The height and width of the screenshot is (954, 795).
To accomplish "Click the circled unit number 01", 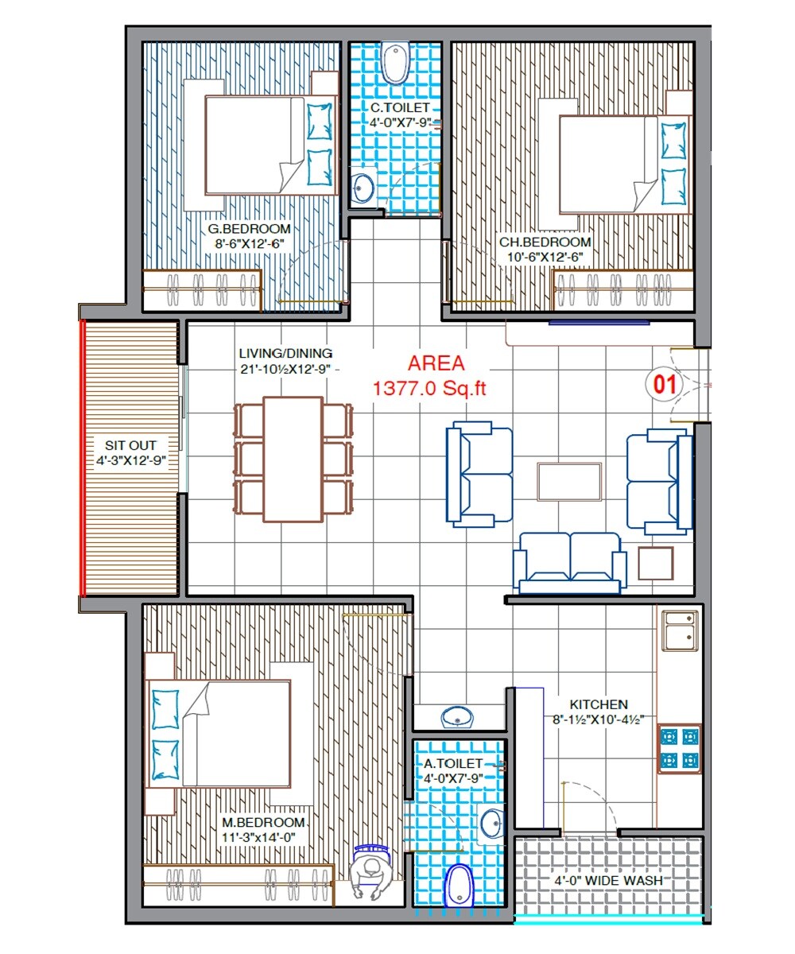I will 664,385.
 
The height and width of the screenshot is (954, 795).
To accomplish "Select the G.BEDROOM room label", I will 249,229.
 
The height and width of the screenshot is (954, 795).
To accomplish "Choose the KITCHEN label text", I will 599,704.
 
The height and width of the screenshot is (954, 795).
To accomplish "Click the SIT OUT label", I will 131,445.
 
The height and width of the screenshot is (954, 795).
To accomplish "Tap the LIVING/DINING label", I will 285,353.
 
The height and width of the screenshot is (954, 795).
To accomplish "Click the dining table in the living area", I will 293,459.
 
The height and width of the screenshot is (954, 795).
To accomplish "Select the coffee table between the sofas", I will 568,481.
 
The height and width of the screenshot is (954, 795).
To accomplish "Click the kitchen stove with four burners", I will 679,748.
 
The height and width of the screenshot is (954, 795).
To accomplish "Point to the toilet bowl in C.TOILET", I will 394,64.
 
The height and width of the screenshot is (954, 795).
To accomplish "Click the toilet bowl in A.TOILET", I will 459,885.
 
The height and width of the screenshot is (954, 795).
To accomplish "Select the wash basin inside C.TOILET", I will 363,188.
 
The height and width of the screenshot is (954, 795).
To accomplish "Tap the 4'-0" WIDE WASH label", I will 608,881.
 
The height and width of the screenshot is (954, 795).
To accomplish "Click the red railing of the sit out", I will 82,457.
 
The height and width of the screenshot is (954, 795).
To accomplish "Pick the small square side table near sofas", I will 655,563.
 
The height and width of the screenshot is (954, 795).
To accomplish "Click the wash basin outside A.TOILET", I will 458,717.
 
